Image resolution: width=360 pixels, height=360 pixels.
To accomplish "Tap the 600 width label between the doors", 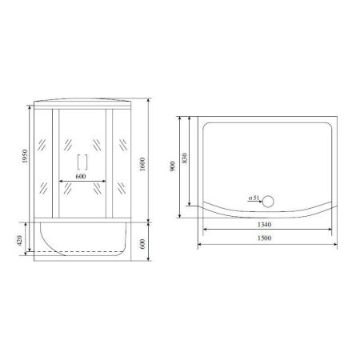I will [x=80, y=177].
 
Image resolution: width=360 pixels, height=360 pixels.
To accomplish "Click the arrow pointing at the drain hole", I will [x=260, y=200].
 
